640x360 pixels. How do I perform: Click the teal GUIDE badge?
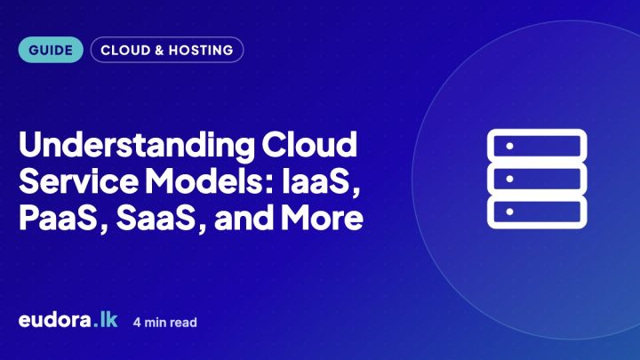(51, 50)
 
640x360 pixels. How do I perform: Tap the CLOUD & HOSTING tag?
(167, 50)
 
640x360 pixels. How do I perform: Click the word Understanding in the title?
(137, 146)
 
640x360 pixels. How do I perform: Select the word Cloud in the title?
(309, 144)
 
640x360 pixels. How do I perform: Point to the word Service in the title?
(78, 180)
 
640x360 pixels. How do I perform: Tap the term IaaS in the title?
(321, 182)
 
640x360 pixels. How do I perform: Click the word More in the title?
(322, 217)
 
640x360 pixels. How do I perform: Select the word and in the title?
(244, 217)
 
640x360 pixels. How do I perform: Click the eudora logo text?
(55, 320)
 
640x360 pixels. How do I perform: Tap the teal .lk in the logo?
(105, 320)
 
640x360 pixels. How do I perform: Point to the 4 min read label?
(165, 323)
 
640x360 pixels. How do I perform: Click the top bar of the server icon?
(537, 146)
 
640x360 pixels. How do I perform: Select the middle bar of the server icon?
(537, 179)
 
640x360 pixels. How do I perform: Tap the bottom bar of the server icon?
(537, 212)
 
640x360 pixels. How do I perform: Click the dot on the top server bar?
(509, 146)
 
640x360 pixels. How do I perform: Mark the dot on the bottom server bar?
(509, 212)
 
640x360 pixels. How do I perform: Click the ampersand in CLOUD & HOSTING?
(159, 50)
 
